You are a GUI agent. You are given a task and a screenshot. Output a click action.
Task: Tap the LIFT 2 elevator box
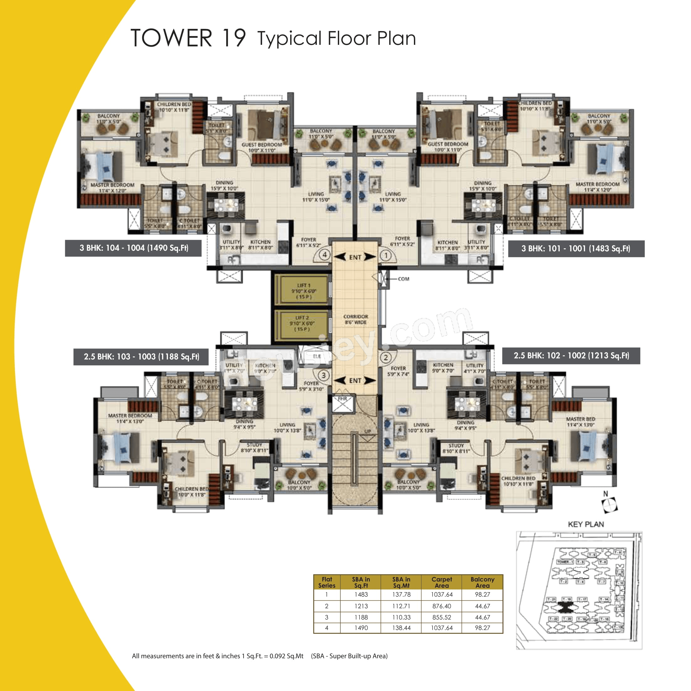coord(301,323)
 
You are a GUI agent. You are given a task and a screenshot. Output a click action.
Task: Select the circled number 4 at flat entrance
coord(324,255)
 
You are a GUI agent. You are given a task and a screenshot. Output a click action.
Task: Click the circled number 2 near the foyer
coord(385,357)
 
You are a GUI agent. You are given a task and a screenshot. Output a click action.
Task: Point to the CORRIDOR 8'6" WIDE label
coord(355,319)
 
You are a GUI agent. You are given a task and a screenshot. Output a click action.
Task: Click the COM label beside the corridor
coord(403,279)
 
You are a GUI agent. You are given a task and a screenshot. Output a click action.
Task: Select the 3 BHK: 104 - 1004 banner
coord(133,248)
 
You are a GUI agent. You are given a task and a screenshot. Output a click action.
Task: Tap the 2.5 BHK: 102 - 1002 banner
coord(571,355)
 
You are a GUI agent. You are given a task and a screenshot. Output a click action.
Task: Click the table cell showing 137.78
coord(401,594)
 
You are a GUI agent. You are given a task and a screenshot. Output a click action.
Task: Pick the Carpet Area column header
coord(442,582)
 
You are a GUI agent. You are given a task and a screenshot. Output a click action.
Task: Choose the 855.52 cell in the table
coord(442,617)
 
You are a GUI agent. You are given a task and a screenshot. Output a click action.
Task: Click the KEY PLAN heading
coord(586,524)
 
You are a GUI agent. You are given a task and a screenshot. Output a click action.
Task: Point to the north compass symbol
coord(610,505)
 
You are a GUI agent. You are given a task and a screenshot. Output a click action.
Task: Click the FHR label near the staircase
coord(342,398)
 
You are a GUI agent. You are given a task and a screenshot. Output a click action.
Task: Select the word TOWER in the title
coord(171,38)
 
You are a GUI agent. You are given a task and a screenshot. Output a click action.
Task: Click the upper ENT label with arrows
coord(355,257)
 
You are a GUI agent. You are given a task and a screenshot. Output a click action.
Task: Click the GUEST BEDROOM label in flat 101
coord(448,144)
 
